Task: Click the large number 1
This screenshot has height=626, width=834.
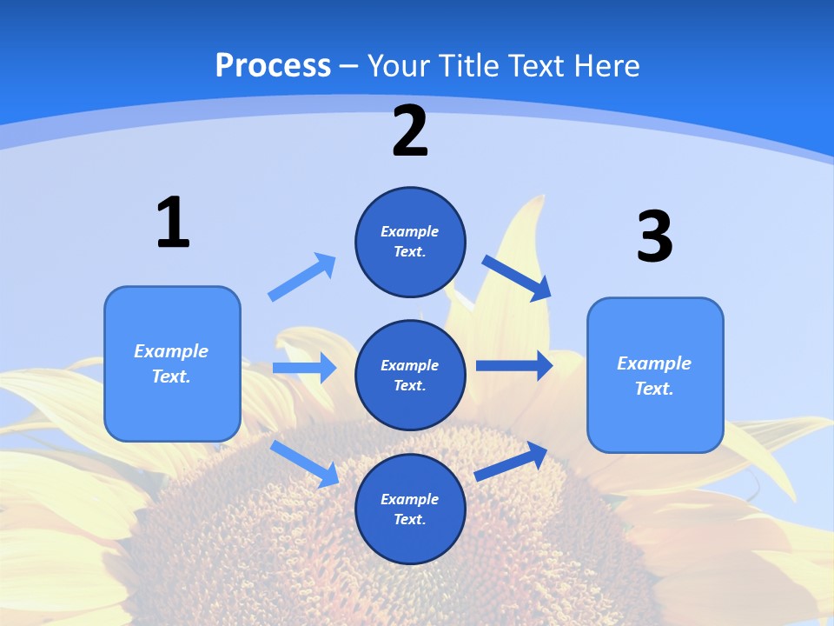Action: click(x=173, y=223)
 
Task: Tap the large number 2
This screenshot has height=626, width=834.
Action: click(x=410, y=131)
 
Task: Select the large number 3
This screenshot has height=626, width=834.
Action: click(x=655, y=236)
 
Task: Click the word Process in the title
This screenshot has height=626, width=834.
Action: click(x=273, y=65)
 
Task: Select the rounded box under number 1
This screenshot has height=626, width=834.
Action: click(x=172, y=363)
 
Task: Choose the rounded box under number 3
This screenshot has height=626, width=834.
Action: click(x=655, y=376)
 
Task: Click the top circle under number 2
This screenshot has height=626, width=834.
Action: click(x=410, y=242)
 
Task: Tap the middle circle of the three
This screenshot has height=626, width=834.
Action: click(x=410, y=375)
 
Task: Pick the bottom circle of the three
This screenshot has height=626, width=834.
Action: click(x=410, y=509)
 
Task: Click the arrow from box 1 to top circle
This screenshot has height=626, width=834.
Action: click(x=301, y=277)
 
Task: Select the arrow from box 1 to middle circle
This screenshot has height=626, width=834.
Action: click(x=304, y=368)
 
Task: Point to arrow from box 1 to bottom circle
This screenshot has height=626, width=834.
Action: click(x=304, y=463)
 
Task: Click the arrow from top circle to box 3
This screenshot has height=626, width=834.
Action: click(x=517, y=277)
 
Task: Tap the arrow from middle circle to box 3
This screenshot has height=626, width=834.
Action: click(x=514, y=365)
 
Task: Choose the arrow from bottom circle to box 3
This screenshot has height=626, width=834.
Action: click(x=511, y=462)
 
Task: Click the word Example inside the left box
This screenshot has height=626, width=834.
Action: click(x=171, y=351)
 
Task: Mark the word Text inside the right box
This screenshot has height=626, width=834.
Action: click(x=653, y=389)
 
